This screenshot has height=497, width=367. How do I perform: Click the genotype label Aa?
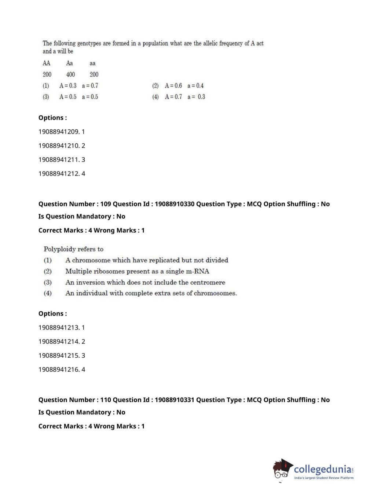pos(69,63)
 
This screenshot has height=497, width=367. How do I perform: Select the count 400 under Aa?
pos(70,74)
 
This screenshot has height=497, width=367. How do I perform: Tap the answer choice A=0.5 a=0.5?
pos(78,97)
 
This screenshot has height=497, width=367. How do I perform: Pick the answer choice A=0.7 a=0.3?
pos(185,97)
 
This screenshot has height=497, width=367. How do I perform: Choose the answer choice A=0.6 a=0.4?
pos(184,86)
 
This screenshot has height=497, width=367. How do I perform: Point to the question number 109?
pos(106,204)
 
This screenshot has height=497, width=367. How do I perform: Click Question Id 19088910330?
pos(174,204)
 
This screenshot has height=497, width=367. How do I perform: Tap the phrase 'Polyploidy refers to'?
pos(73,249)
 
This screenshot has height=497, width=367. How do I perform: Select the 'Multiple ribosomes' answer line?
pos(137,272)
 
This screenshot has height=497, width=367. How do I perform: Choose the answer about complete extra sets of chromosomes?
pos(151,293)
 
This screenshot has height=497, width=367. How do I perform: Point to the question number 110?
pos(106,400)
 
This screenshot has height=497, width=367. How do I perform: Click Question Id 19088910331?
pos(174,400)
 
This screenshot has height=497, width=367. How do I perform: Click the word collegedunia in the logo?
pos(323,469)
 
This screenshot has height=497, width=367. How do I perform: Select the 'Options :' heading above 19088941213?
pos(53,314)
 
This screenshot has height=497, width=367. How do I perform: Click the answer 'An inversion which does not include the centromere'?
pos(145,283)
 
